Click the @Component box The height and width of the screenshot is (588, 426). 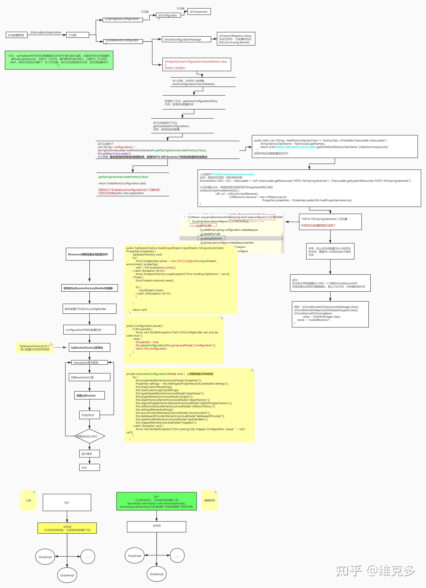(199, 12)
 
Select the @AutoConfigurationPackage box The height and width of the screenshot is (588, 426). (186, 39)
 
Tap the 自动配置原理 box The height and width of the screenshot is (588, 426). (16, 35)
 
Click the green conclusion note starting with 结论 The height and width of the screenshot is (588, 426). (59, 60)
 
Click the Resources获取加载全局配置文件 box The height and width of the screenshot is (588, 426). (89, 254)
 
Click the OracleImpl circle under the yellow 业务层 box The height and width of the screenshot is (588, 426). (67, 575)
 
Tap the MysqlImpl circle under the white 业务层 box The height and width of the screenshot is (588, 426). (135, 556)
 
